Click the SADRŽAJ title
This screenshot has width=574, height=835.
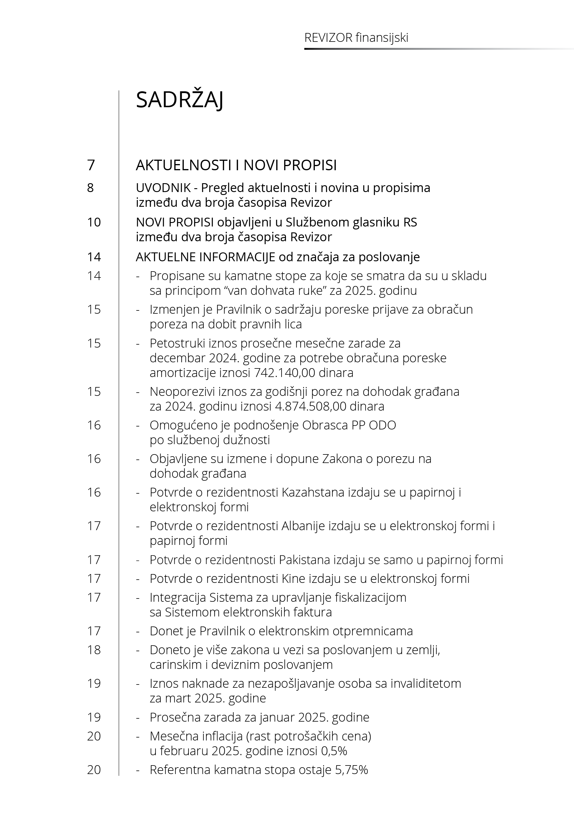[179, 100]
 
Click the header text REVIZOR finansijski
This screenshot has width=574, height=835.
[356, 38]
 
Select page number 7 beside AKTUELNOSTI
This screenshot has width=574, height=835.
[91, 165]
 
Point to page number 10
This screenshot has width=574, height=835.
[94, 222]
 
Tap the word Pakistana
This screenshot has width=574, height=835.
[304, 560]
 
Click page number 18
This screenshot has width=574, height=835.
[94, 650]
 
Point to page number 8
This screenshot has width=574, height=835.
[90, 188]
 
